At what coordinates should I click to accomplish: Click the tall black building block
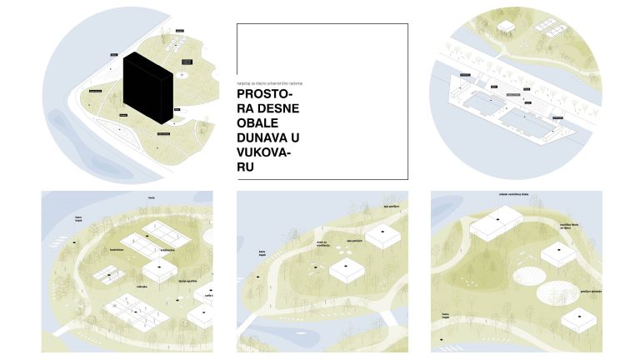click(147, 90)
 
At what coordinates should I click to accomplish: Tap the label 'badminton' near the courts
click(116, 249)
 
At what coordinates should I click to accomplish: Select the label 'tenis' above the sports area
click(152, 197)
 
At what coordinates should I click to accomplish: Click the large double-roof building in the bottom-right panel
click(497, 225)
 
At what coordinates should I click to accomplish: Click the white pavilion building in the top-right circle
click(508, 27)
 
